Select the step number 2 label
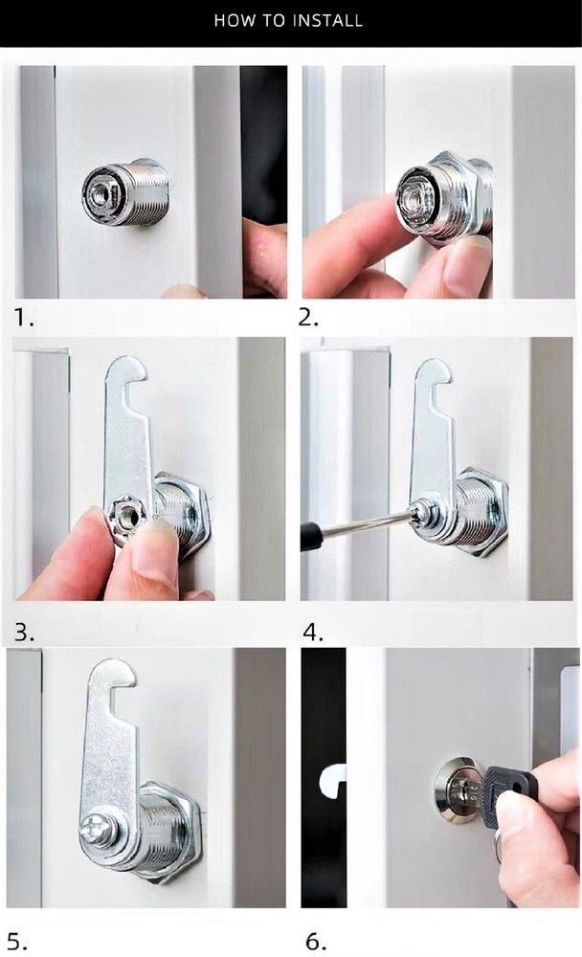pos(311,318)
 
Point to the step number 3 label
pos(24,632)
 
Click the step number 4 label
pos(313,632)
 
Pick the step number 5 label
pos(18,941)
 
